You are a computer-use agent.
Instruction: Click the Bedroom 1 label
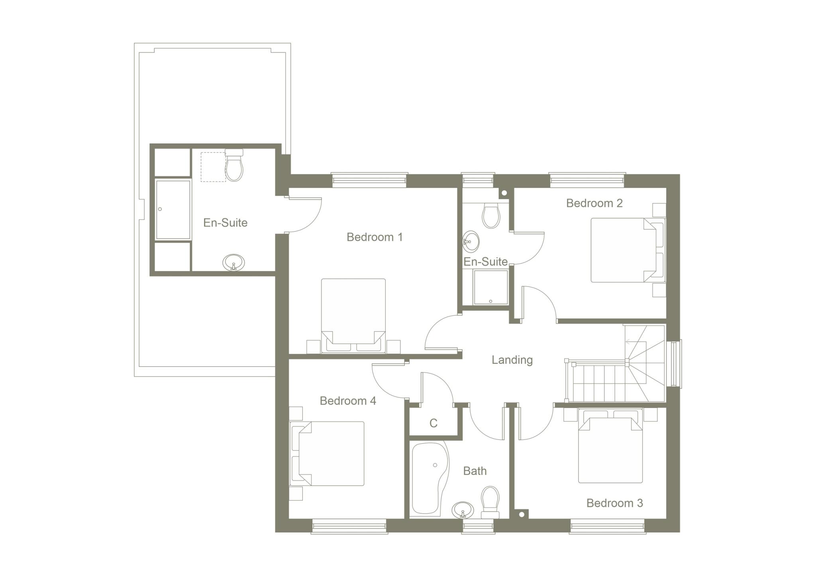click(375, 237)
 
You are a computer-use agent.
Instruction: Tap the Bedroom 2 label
click(594, 203)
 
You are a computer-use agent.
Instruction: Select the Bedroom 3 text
click(614, 503)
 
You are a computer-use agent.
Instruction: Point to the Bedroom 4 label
click(348, 401)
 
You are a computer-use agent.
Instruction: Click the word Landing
click(512, 360)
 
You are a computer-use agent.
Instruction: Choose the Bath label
click(475, 471)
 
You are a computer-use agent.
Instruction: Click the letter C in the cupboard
click(433, 423)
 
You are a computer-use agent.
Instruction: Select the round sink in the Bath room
click(463, 510)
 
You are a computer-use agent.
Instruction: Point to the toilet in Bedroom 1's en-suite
click(234, 166)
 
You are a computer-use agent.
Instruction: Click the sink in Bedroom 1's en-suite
click(233, 263)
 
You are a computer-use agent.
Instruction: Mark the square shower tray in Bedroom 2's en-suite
click(490, 287)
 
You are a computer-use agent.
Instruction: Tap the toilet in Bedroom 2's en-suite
click(491, 216)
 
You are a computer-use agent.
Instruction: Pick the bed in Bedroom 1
click(353, 315)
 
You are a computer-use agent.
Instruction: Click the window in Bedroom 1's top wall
click(369, 180)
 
